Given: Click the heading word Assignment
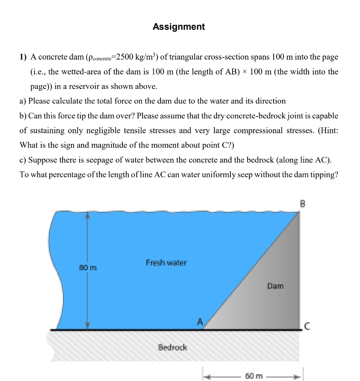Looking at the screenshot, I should pos(179,27).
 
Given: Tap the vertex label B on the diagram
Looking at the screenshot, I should pos(302,204).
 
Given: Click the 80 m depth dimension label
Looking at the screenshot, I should pos(87,267).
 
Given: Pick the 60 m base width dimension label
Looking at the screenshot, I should pos(255,376).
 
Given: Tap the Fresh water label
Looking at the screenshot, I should pos(166,263).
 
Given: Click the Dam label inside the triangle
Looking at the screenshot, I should pos(275,286).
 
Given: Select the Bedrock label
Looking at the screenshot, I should pos(172,348).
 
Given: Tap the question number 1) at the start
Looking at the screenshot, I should pos(23,57).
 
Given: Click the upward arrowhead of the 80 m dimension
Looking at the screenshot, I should pos(87,215).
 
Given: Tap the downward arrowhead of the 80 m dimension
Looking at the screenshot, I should pos(87,326).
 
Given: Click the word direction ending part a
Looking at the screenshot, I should pos(270,101).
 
